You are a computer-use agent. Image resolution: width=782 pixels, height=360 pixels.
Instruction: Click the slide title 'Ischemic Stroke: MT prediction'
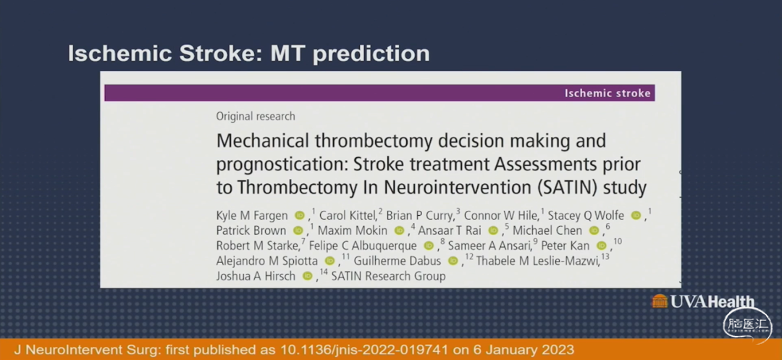pos(248,54)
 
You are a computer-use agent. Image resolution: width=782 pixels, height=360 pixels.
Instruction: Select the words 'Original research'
pos(256,117)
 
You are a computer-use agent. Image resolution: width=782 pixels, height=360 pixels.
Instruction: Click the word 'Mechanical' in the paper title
pos(260,141)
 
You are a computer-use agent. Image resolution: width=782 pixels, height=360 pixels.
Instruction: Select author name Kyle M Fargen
pos(252,216)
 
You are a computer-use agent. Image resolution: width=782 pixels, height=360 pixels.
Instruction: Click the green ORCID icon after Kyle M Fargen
pos(299,215)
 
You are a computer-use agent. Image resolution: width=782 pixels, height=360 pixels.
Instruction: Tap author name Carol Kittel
pos(348,215)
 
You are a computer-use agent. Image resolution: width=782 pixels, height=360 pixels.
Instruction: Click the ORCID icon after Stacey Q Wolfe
pos(636,215)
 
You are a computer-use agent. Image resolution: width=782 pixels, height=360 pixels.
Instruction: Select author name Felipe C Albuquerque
pos(363,246)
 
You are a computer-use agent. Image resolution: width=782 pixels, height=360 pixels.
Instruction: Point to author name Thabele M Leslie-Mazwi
pos(537,261)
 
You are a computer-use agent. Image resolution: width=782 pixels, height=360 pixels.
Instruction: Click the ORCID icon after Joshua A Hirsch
pos(307,276)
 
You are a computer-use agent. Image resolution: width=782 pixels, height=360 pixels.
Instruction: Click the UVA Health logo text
pos(712,301)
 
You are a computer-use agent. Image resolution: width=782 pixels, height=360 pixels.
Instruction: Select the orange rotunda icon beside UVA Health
pos(660,301)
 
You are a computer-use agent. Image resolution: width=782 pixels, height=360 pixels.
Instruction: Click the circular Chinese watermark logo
pos(747,327)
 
